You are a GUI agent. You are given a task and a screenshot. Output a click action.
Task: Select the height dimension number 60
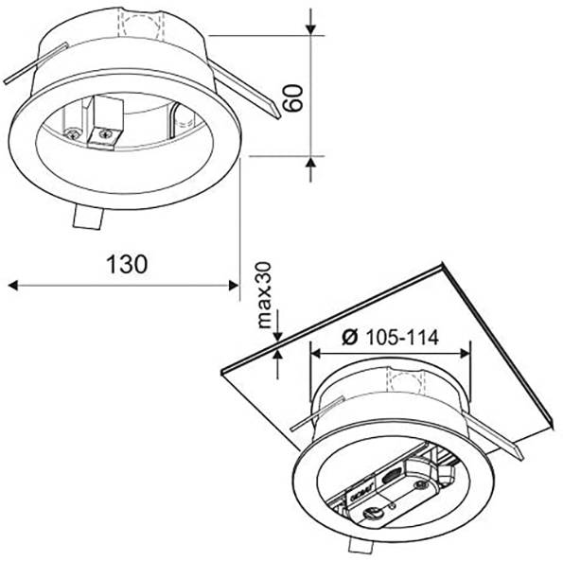[294, 96]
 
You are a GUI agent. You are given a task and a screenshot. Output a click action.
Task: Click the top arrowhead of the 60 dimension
[312, 27]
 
